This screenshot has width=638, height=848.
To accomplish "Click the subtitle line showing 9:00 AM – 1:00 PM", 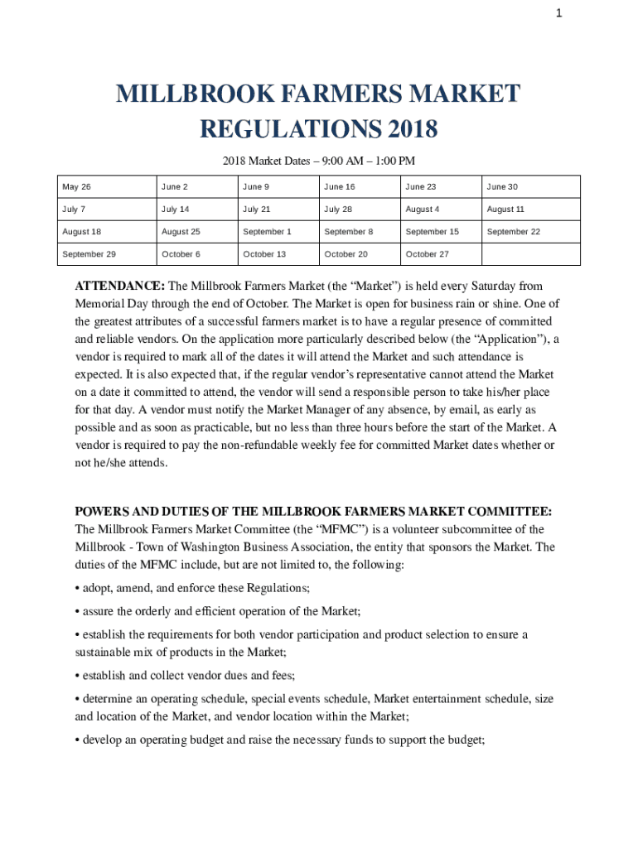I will click(x=318, y=160).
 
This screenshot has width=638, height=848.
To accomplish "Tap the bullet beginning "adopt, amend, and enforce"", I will click(x=193, y=588).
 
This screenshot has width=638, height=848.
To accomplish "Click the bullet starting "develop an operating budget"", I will click(x=279, y=740).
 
